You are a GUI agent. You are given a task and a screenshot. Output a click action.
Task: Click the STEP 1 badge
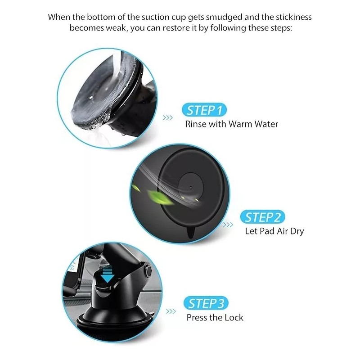point(204,110)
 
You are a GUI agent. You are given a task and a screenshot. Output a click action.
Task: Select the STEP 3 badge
point(206,303)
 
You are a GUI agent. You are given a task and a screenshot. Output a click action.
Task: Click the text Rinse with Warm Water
point(232,124)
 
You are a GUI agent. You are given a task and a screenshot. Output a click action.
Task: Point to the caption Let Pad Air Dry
point(274,231)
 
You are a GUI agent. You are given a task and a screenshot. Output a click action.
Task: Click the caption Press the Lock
point(215,318)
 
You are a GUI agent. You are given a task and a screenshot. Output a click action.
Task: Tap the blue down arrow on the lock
point(107,276)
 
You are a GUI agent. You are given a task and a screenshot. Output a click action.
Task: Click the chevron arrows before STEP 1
point(168,118)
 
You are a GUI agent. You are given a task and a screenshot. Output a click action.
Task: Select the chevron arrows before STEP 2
point(229,225)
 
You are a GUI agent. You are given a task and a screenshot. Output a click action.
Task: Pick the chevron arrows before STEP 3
point(171,311)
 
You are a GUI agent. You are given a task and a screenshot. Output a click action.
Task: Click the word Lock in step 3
point(234,318)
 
